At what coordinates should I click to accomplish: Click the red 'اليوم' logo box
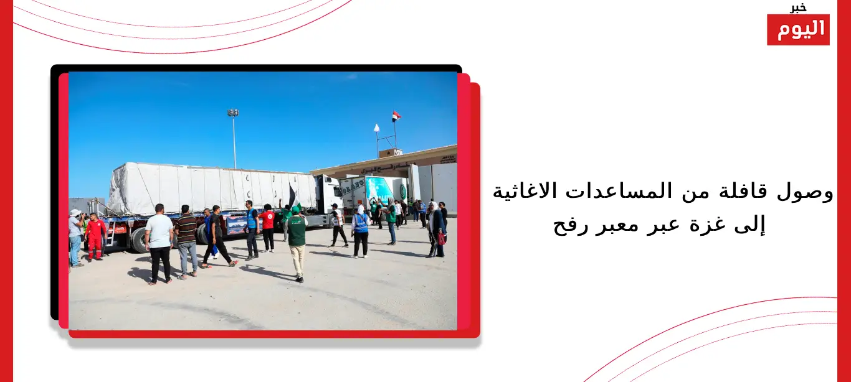click(x=798, y=30)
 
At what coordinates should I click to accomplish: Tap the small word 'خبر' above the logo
click(x=798, y=7)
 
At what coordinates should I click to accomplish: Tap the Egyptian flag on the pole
click(x=396, y=116)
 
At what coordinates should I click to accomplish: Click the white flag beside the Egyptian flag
click(x=376, y=128)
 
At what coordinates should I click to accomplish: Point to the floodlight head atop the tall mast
click(x=233, y=113)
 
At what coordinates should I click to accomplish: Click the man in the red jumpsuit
click(x=95, y=236)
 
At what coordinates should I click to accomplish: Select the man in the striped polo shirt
click(x=186, y=241)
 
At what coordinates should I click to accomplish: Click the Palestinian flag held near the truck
click(x=293, y=197)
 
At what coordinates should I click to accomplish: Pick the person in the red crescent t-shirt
click(x=269, y=228)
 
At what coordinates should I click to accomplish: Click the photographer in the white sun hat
click(x=76, y=238)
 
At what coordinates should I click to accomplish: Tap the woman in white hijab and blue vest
click(x=360, y=231)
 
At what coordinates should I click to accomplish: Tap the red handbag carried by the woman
click(x=441, y=239)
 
